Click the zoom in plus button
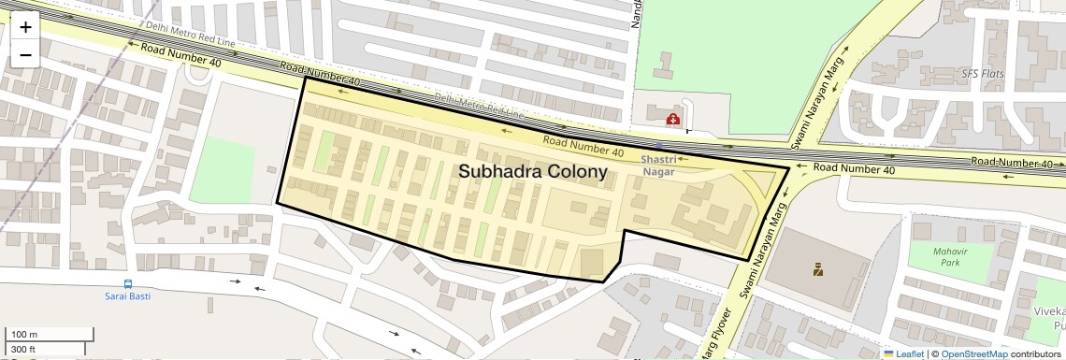pyautogui.click(x=25, y=27)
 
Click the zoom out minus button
pyautogui.click(x=25, y=54)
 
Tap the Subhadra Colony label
pyautogui.click(x=532, y=172)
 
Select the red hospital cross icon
pyautogui.click(x=672, y=119)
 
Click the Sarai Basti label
pyautogui.click(x=127, y=296)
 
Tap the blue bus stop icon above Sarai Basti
pyautogui.click(x=127, y=283)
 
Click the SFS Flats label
pyautogui.click(x=982, y=73)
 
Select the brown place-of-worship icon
pyautogui.click(x=817, y=271)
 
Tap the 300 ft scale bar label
pyautogui.click(x=22, y=350)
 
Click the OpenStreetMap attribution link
pyautogui.click(x=973, y=353)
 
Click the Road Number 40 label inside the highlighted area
pyautogui.click(x=583, y=146)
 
